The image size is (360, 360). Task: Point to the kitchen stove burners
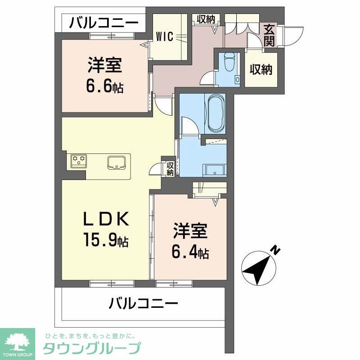point(79,160)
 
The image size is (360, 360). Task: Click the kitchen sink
point(117,162)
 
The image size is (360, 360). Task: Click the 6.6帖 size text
point(105,85)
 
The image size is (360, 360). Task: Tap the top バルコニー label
point(104,22)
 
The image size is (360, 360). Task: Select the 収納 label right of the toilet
point(261,70)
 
